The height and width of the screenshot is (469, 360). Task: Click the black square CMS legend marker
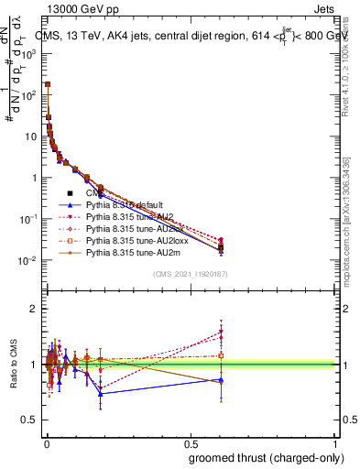[x=70, y=193]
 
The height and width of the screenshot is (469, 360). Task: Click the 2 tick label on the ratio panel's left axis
[x=34, y=309]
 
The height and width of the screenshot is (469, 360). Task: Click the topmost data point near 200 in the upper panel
[x=48, y=84]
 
